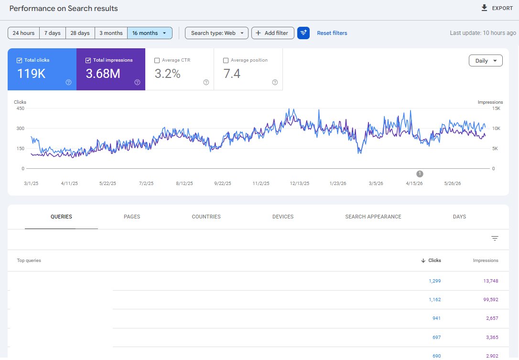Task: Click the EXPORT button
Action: point(497,8)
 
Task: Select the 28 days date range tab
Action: point(80,33)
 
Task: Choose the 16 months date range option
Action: point(150,33)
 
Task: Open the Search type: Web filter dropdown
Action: point(217,33)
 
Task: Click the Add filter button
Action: point(273,33)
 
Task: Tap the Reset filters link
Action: point(332,33)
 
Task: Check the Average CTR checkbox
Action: point(157,60)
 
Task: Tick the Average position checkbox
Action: point(226,60)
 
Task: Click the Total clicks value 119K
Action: point(32,74)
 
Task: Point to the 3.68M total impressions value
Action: point(103,74)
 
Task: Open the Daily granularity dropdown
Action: point(486,61)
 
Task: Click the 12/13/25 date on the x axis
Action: point(300,183)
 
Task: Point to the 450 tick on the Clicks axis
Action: point(21,109)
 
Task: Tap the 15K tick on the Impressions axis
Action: point(496,109)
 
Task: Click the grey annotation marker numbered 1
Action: point(420,174)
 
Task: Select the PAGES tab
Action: point(132,217)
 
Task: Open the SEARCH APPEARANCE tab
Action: point(373,217)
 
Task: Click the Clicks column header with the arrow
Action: point(431,260)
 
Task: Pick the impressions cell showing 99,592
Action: point(490,299)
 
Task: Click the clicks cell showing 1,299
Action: point(434,281)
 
